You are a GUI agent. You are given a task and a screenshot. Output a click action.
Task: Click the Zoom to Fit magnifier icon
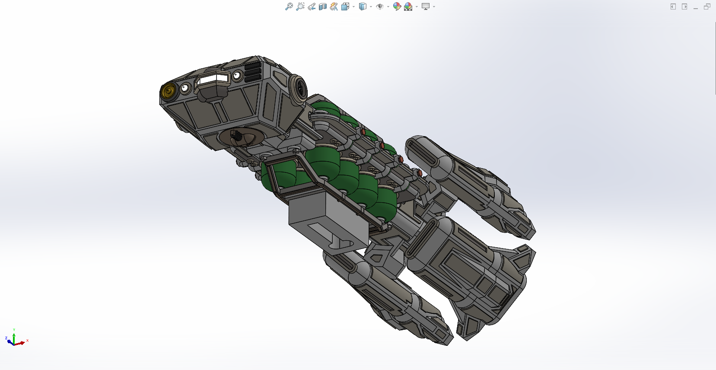point(289,6)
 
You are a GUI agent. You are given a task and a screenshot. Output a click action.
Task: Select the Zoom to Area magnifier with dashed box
point(300,6)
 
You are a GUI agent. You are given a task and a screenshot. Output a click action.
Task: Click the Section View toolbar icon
point(322,6)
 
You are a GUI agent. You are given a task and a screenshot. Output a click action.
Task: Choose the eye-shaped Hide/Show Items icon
point(379,6)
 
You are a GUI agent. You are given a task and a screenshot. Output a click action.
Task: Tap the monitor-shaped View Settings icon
point(426,6)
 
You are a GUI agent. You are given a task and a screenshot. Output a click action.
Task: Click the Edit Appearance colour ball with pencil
point(397,6)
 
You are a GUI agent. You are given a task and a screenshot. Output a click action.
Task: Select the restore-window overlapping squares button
point(707,6)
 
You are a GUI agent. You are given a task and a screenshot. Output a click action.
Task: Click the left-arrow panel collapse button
point(673,6)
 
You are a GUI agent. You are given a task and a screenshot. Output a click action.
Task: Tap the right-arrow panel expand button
point(684,6)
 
